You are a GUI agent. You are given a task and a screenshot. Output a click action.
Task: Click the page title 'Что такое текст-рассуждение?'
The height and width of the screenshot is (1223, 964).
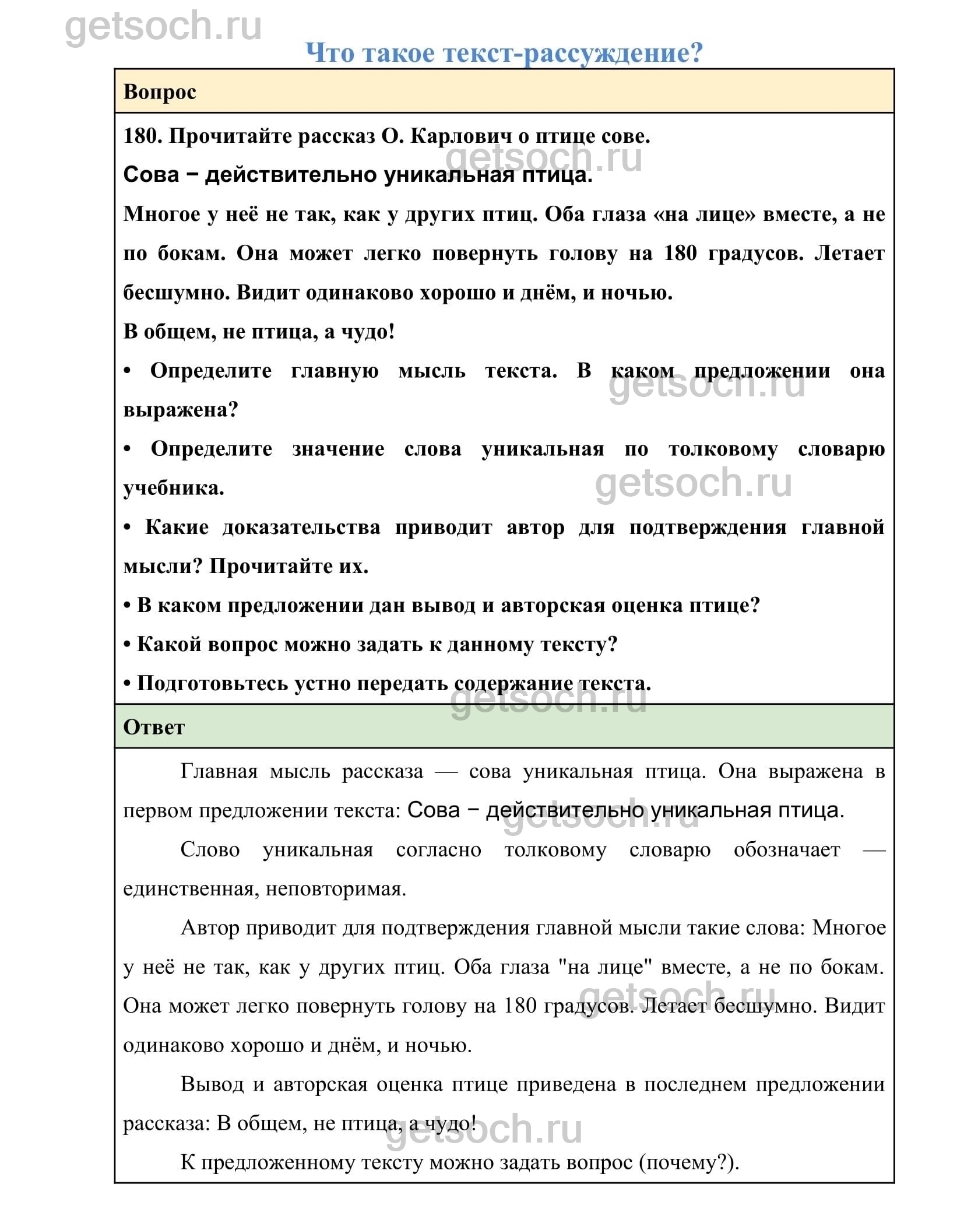point(504,53)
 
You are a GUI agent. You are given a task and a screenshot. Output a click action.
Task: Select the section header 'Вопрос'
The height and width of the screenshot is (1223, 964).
point(160,92)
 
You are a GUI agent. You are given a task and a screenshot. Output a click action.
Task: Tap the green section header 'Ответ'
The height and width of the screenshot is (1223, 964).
point(154,727)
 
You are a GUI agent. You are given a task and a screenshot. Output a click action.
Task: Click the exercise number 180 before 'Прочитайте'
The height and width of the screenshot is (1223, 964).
point(142,136)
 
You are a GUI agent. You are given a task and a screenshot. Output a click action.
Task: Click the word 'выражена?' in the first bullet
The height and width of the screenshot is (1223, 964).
point(181,409)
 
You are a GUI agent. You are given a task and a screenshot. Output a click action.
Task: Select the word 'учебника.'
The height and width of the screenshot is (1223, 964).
point(174,487)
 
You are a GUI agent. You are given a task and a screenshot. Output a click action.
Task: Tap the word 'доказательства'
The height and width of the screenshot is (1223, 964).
point(301,527)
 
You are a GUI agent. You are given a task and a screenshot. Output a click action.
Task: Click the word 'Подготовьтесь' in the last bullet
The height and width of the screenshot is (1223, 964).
point(212,683)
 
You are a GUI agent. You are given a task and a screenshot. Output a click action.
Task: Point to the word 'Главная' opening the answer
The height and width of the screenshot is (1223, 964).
point(219,771)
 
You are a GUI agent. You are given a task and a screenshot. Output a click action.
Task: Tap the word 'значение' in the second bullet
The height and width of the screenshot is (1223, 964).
point(338,449)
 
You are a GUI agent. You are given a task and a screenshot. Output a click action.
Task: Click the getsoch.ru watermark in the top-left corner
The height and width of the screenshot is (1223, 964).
point(163,26)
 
